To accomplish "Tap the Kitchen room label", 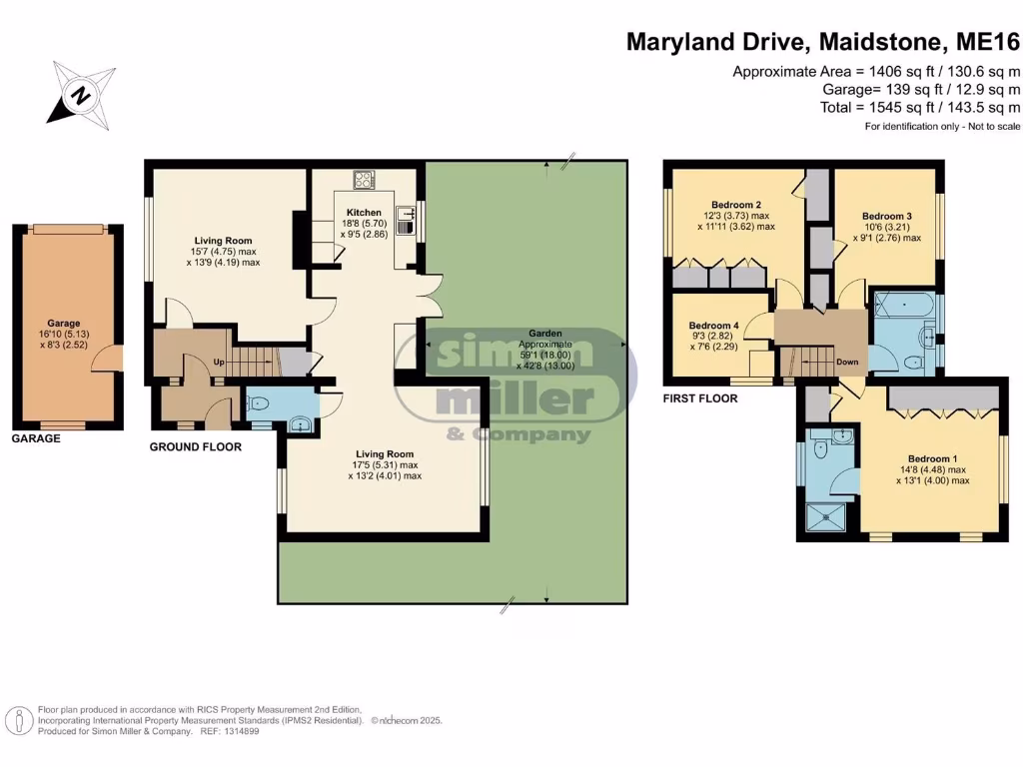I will point(364,213).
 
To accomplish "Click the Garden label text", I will point(546,334).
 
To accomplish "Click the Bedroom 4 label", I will point(713,326).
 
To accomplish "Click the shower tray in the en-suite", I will point(828,517).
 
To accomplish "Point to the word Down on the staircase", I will point(847,362).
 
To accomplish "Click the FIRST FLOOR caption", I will point(700,398).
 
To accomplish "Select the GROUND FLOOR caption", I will point(195,447).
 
